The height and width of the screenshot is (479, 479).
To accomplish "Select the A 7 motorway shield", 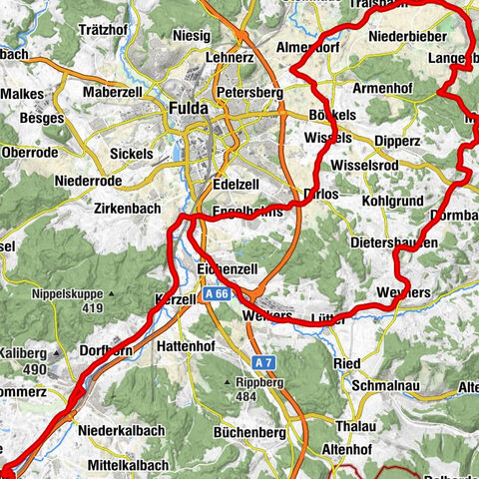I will pos(262,361).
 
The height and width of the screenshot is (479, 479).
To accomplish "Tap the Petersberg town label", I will pos(249,94).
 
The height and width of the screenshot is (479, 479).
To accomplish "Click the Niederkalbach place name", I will pos(118,431).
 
